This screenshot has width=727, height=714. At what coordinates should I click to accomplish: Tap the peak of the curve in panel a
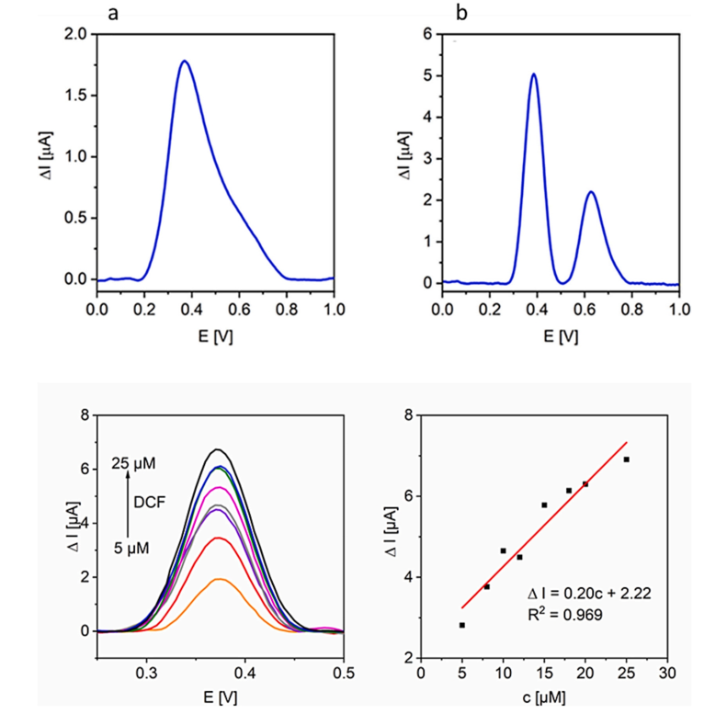click(x=185, y=62)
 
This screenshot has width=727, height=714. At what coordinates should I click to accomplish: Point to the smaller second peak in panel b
click(x=591, y=192)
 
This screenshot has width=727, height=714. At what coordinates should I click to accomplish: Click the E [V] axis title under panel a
click(x=215, y=336)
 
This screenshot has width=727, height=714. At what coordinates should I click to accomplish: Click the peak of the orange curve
click(x=219, y=580)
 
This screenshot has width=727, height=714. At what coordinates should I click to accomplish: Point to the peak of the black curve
click(x=218, y=449)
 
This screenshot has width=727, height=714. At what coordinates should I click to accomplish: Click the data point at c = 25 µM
click(x=627, y=459)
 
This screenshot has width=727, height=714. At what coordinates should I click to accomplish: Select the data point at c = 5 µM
click(x=461, y=625)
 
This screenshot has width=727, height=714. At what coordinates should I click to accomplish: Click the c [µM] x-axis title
click(x=544, y=700)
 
